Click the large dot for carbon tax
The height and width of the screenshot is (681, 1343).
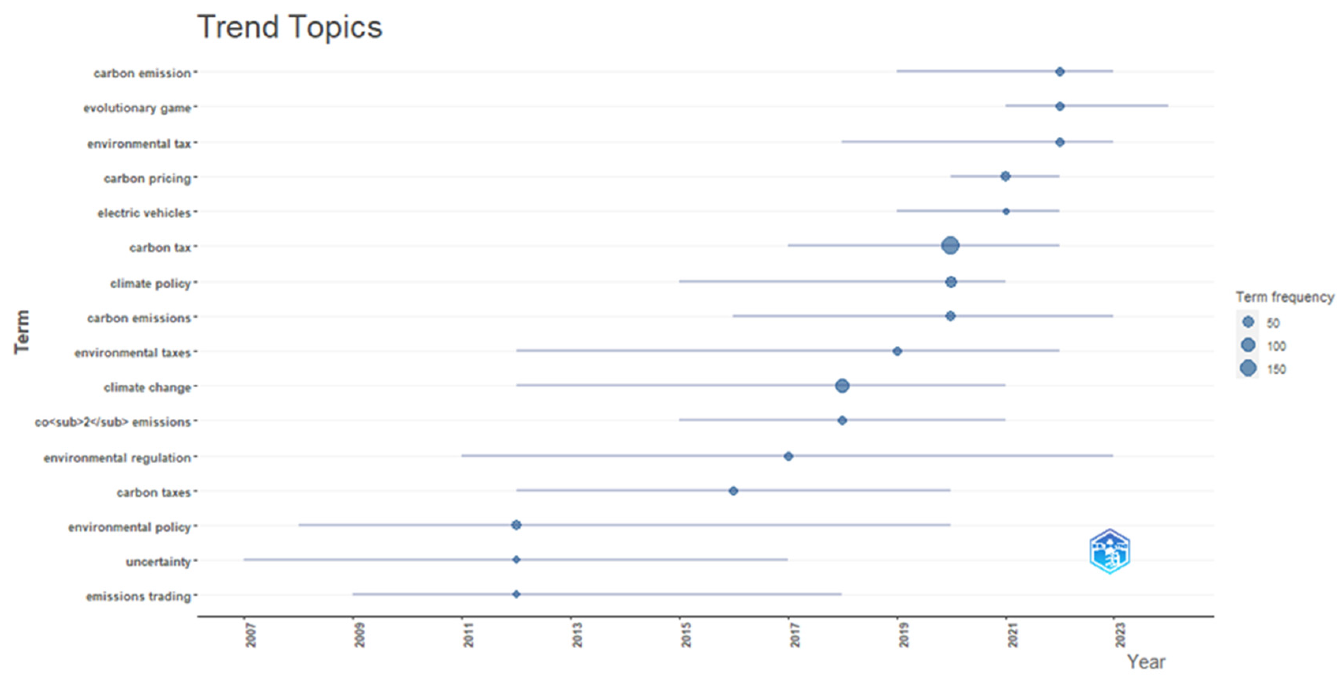950,245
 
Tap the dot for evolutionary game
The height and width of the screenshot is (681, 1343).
1059,106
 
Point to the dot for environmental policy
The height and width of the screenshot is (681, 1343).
516,525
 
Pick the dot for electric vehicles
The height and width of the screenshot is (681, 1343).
1006,211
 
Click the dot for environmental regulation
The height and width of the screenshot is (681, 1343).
788,457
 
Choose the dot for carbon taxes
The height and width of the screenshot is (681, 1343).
733,491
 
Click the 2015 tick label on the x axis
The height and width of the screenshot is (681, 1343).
686,634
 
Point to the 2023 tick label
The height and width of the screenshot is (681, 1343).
1120,634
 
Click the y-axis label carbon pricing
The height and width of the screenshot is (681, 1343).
147,179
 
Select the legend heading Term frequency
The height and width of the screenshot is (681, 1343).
1285,297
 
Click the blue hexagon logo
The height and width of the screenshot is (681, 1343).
1109,551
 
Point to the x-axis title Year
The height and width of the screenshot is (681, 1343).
1145,662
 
